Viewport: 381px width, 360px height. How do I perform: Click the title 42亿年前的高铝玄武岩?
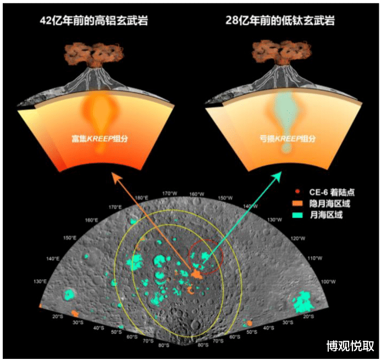point(95,21)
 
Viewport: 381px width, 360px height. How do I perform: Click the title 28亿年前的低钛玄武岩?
point(280,21)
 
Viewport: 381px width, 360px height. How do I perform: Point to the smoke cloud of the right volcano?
point(281,51)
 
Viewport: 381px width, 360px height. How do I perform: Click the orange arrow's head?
point(115,177)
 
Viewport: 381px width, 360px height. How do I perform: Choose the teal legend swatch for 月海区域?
point(297,215)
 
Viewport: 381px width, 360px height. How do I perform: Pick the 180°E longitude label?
point(142,198)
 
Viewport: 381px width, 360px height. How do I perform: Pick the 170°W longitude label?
point(170,193)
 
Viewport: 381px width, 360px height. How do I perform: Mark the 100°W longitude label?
point(328,281)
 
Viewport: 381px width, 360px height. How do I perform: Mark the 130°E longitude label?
point(40,281)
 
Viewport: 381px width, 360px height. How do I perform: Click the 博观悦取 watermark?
point(350,346)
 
